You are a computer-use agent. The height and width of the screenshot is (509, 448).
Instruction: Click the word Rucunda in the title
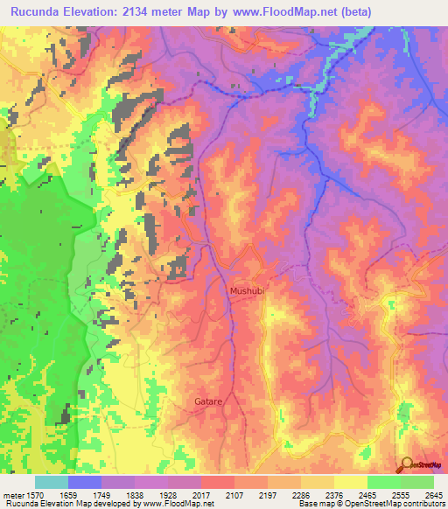click(41, 11)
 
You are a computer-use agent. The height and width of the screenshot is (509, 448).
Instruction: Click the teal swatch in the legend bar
click(51, 481)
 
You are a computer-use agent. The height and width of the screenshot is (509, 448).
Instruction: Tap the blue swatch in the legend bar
click(84, 481)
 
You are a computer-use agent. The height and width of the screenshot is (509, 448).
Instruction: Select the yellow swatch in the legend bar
click(350, 481)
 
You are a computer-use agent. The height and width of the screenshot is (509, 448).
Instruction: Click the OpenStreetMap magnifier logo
click(406, 464)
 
